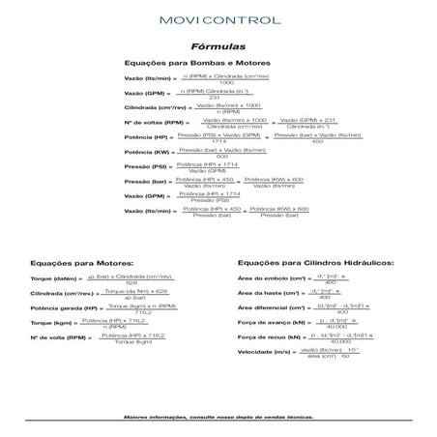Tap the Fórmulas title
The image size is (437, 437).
(218, 45)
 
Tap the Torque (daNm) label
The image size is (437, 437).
(56, 278)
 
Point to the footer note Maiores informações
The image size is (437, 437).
(218, 418)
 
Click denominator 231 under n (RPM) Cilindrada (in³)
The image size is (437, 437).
(216, 97)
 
